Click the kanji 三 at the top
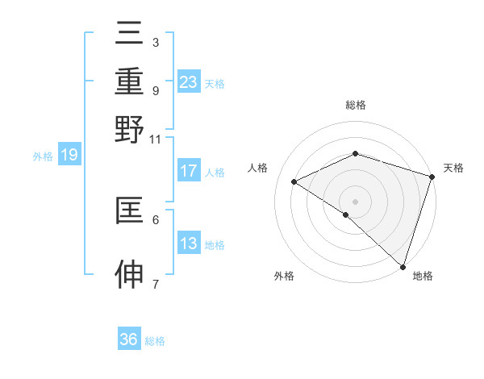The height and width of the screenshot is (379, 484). coord(129,35)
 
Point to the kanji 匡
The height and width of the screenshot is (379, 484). coord(129,210)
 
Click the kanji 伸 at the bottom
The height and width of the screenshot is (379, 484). coord(129,275)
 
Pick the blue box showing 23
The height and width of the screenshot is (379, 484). coord(188,82)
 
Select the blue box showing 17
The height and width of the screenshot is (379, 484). coord(188,171)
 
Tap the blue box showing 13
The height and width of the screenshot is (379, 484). coord(188,244)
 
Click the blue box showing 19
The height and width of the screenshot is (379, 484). coord(69,156)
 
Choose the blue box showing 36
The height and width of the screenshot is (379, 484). coord(129,339)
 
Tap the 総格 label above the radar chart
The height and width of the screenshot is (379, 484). coord(356,105)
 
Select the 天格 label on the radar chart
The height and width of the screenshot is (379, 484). coord(453,168)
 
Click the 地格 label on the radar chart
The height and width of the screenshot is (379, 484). coord(423,276)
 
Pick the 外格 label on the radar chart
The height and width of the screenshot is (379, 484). coord(284,276)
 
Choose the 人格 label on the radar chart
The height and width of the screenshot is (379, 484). coord(258,168)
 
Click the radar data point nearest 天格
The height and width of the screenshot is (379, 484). coord(432,177)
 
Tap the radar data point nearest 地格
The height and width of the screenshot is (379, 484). coord(403,266)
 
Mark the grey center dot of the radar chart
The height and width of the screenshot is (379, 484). coord(356,201)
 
